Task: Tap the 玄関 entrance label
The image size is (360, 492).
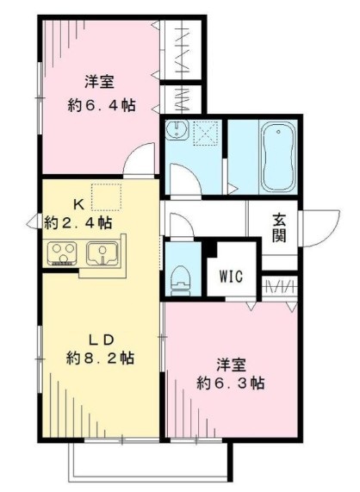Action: click(x=281, y=227)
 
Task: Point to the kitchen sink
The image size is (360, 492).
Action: click(x=105, y=254)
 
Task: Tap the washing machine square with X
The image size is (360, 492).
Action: click(x=208, y=132)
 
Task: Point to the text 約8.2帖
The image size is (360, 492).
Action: click(x=100, y=357)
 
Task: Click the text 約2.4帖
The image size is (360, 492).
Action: click(x=78, y=222)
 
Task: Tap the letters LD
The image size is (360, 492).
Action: click(x=100, y=337)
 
